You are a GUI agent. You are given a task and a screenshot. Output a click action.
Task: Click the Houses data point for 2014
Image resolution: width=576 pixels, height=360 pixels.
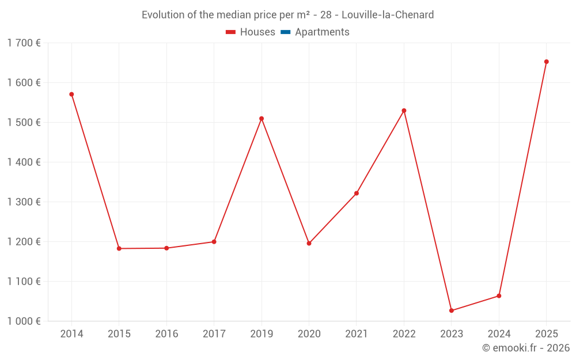(71, 94)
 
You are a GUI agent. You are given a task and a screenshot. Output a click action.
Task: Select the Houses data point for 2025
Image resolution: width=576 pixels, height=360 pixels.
(546, 62)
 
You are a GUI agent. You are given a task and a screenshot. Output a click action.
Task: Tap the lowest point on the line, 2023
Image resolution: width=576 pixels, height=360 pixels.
(452, 310)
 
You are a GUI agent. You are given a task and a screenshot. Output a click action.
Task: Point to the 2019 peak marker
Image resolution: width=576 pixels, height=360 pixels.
(262, 119)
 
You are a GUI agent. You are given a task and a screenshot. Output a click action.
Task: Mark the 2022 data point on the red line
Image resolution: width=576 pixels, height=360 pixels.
(404, 111)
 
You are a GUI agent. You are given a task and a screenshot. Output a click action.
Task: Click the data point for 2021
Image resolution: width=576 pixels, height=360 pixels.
(357, 194)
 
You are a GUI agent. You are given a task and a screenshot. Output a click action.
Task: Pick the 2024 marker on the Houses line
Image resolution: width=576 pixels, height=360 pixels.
(499, 296)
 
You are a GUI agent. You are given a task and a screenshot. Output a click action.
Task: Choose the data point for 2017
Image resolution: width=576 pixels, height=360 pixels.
(214, 242)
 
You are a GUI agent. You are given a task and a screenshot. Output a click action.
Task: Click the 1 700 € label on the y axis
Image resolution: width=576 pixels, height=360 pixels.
(24, 43)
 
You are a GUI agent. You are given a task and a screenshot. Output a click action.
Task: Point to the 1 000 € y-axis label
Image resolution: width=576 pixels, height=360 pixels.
(24, 321)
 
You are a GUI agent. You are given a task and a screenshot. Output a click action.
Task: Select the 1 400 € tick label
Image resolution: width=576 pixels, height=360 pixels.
(24, 162)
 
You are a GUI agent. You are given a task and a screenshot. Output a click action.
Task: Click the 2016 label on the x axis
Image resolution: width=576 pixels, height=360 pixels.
(166, 334)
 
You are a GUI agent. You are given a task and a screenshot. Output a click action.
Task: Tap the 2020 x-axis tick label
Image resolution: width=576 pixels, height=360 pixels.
(309, 334)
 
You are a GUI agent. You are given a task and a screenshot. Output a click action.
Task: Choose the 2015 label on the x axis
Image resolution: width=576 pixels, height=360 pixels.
(119, 334)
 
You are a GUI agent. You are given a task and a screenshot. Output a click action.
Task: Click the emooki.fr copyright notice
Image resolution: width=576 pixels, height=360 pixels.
(525, 348)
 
